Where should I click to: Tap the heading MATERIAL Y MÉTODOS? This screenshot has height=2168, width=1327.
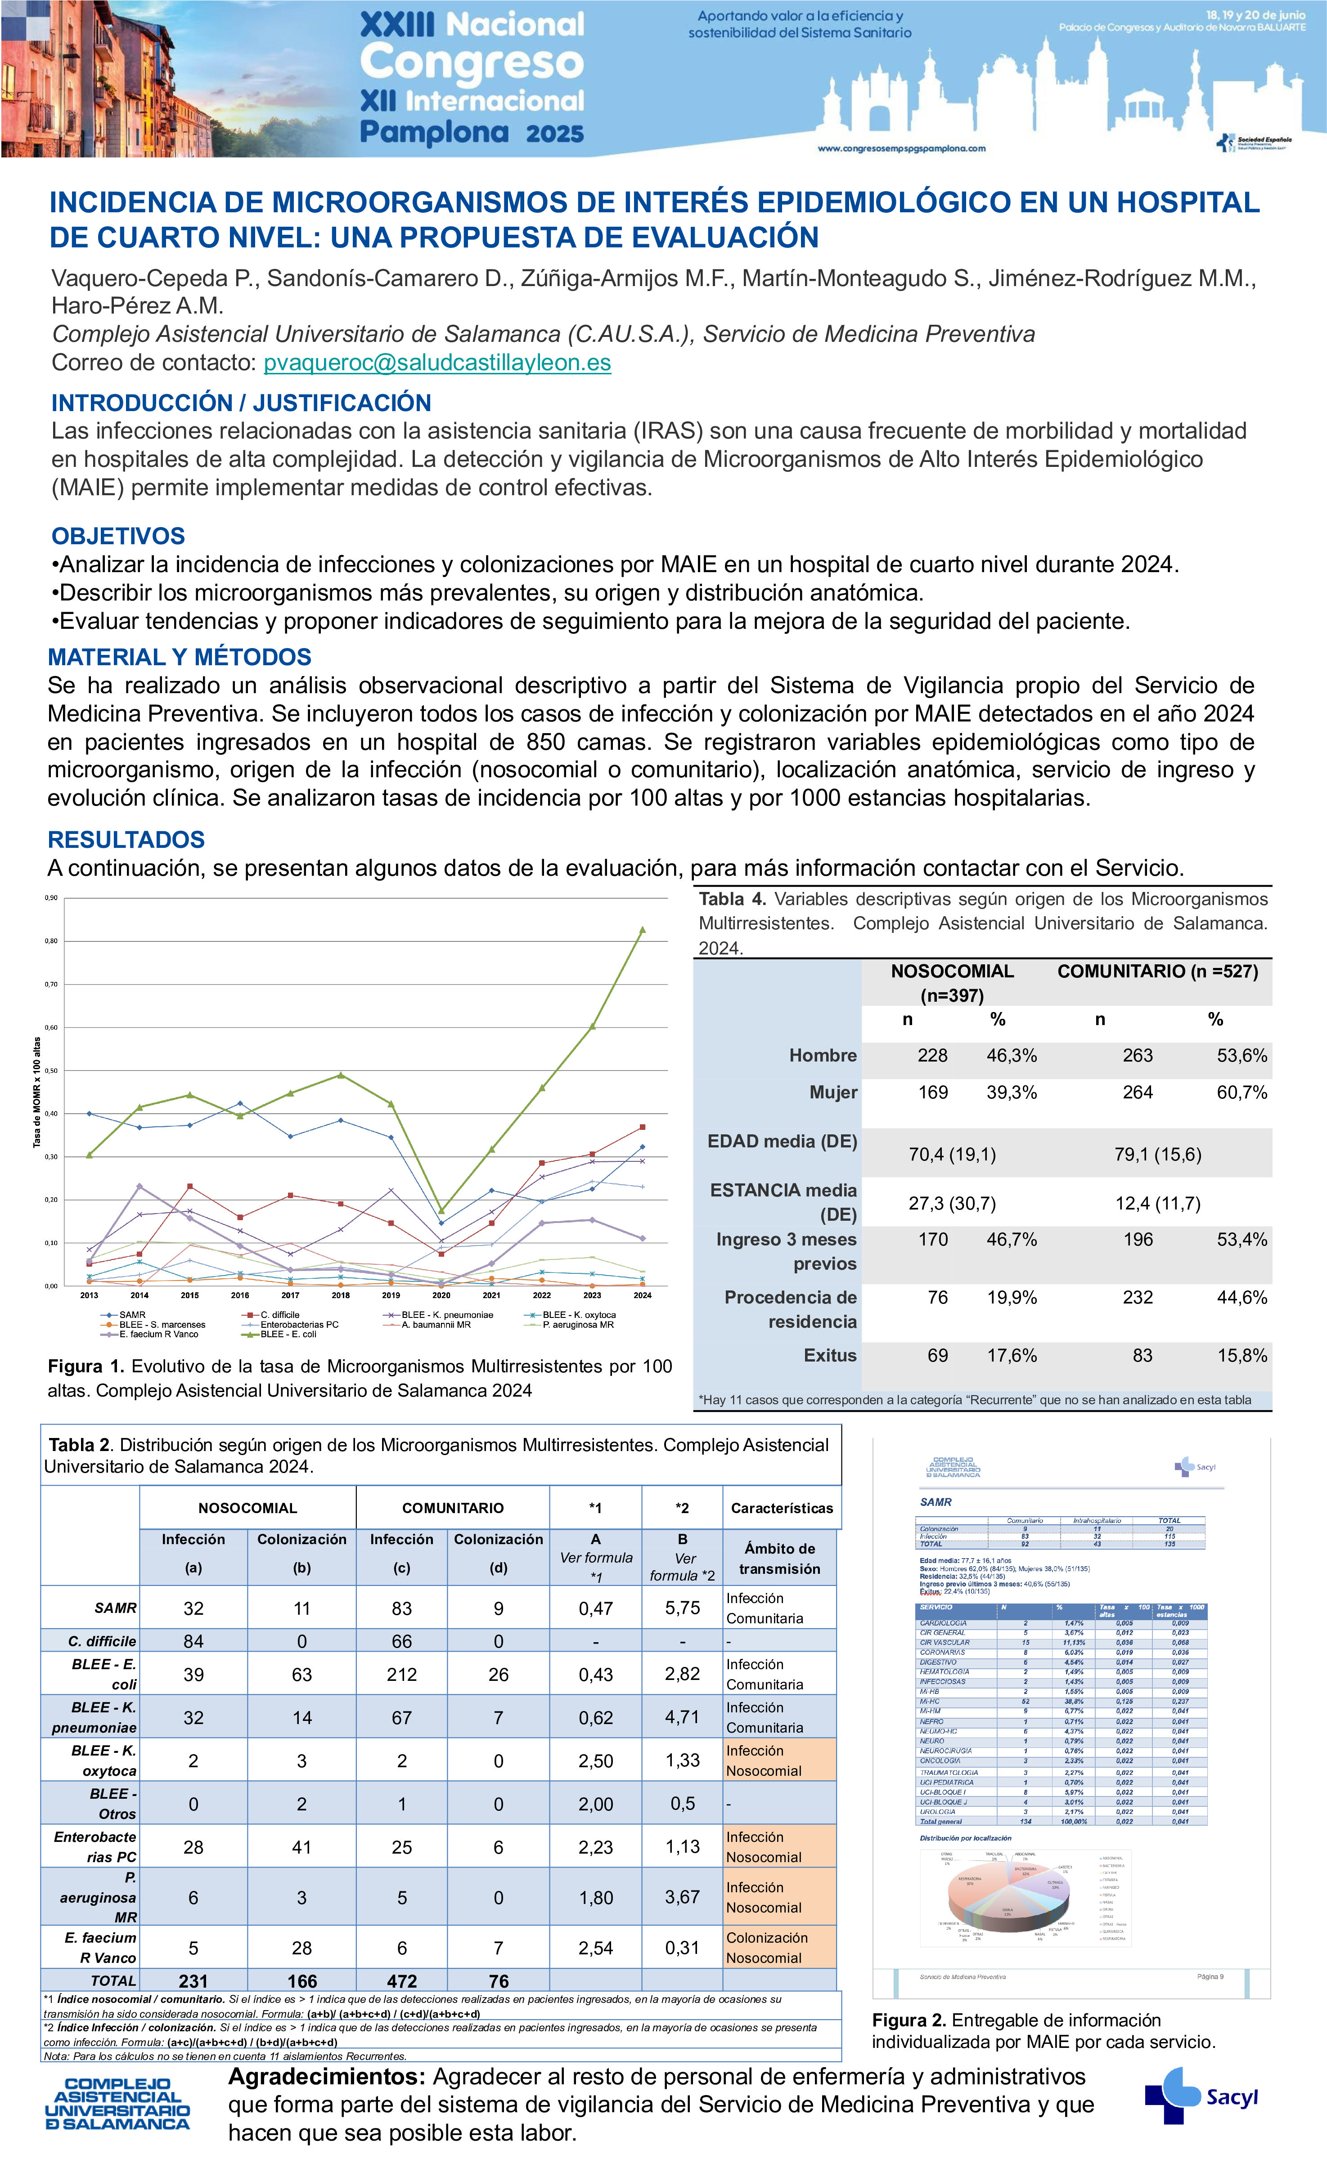coord(180,657)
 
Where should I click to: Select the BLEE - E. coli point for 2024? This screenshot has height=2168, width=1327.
coord(643,929)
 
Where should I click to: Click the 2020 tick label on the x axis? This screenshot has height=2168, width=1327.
coord(441,1295)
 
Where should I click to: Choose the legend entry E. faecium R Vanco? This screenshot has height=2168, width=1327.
coord(158,1334)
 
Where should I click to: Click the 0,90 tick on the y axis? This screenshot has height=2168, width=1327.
coord(51,898)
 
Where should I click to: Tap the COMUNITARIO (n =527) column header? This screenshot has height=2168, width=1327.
coord(1157,972)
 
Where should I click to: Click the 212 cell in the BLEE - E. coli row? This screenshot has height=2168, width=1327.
coord(401,1675)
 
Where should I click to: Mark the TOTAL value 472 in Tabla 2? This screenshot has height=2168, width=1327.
coord(401,1981)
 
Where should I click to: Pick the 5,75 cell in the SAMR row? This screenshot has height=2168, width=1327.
coord(682,1608)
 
